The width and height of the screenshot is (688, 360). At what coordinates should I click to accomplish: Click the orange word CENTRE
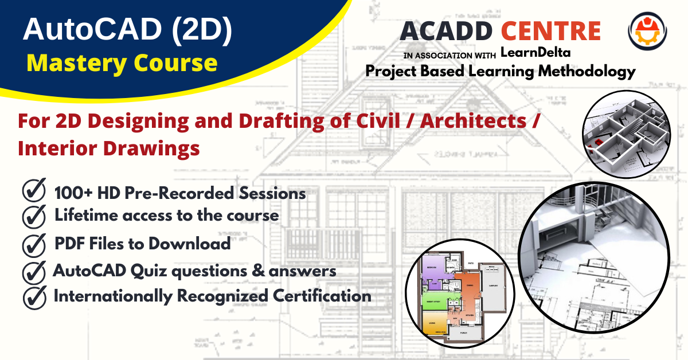click(x=550, y=30)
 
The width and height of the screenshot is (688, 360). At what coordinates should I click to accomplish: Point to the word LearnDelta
click(x=535, y=53)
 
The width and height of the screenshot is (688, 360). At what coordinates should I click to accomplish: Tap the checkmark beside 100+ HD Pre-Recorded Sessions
click(x=34, y=191)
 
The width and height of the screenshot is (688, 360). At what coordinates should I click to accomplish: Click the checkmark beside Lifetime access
click(x=34, y=216)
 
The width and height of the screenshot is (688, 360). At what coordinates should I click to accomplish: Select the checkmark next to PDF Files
click(x=34, y=244)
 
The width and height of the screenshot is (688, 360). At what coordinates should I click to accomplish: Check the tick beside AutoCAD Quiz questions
click(x=34, y=271)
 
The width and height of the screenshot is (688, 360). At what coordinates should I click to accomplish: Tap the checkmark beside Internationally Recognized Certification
click(x=34, y=296)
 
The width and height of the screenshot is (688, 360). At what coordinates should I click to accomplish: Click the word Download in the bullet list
click(x=190, y=243)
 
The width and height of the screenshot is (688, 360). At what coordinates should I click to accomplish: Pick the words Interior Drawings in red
click(x=109, y=148)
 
